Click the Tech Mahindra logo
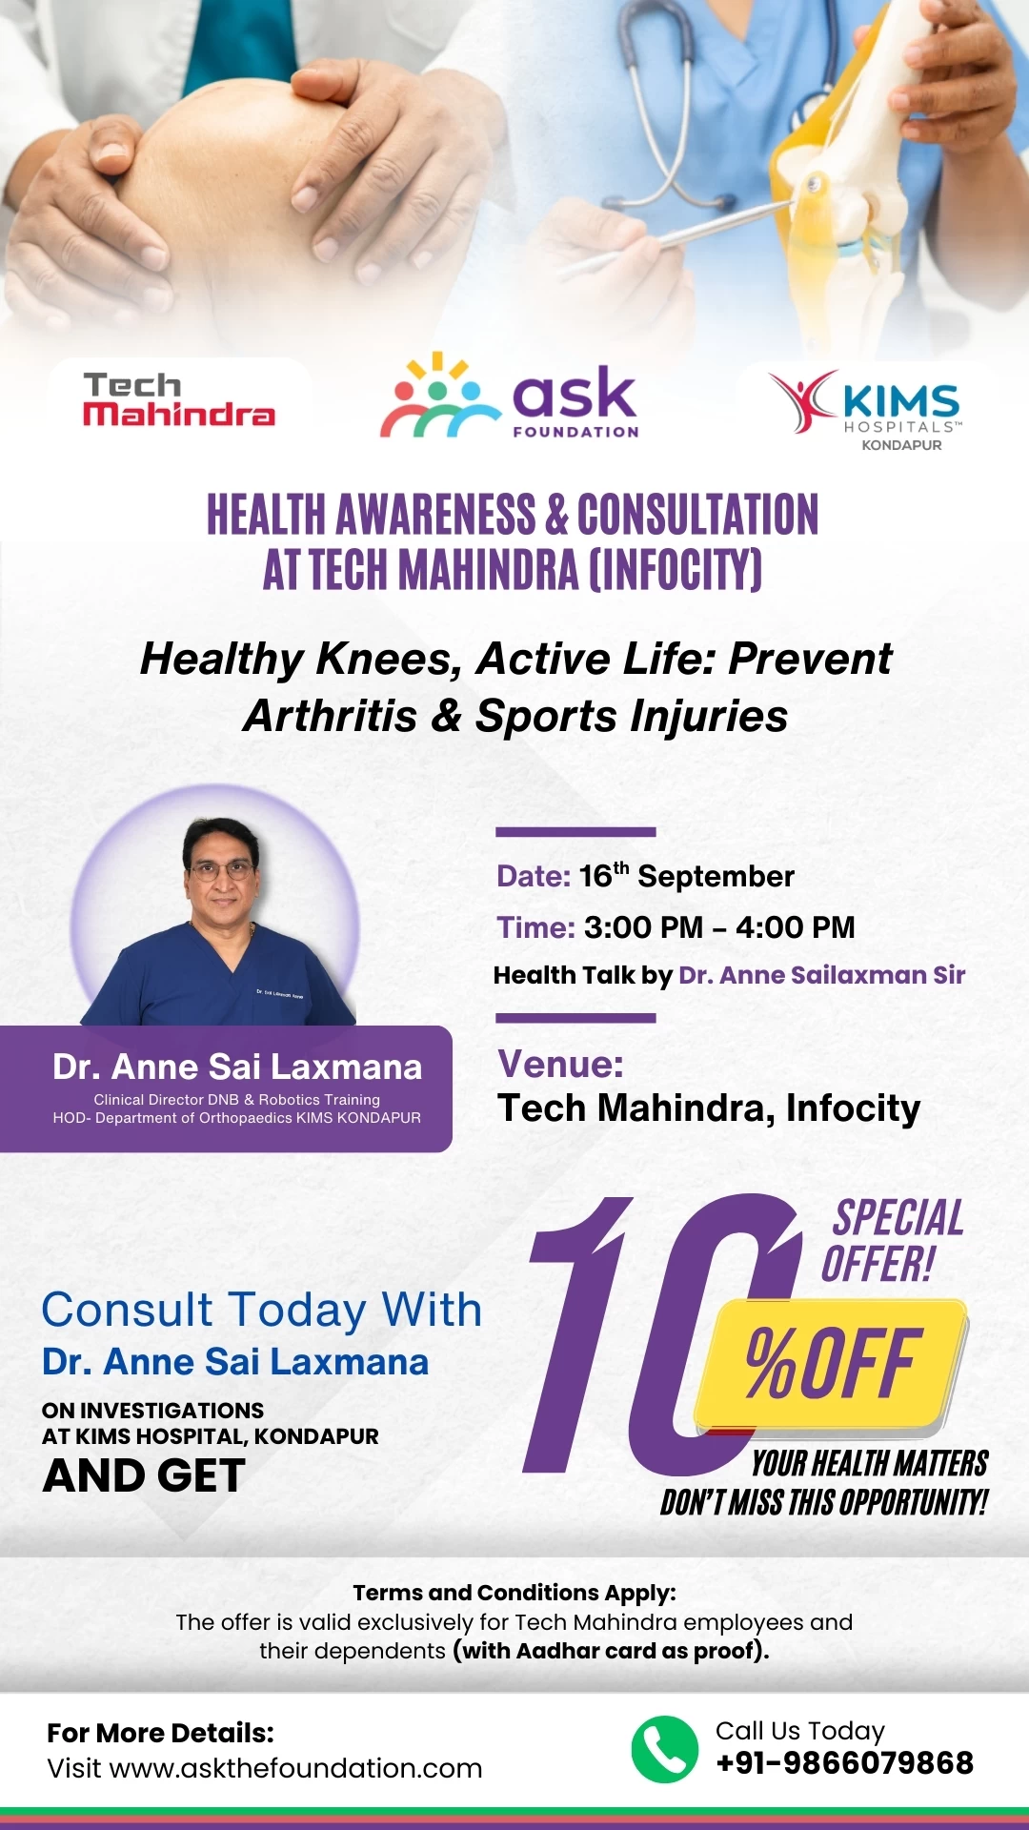tap(179, 399)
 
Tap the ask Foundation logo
tap(510, 396)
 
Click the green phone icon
tap(665, 1750)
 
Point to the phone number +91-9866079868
tap(845, 1763)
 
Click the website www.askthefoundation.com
tap(296, 1769)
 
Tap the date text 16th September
tap(687, 875)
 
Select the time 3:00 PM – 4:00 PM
tap(719, 927)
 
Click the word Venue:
tap(560, 1065)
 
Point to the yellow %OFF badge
tap(831, 1365)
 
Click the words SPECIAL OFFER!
tap(893, 1241)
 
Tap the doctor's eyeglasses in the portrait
tap(221, 870)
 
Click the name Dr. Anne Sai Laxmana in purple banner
tap(237, 1067)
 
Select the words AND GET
tap(144, 1476)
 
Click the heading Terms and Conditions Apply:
tap(514, 1593)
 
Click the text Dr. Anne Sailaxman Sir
tap(822, 975)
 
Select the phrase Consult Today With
tap(262, 1311)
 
